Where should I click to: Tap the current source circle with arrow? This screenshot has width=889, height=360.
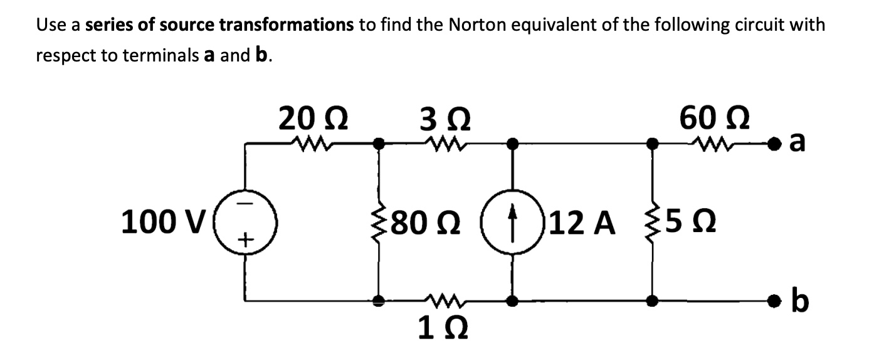coord(513,223)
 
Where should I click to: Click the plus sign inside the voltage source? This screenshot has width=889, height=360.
coord(246,239)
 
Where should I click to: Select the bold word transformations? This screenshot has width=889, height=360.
coord(290,26)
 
